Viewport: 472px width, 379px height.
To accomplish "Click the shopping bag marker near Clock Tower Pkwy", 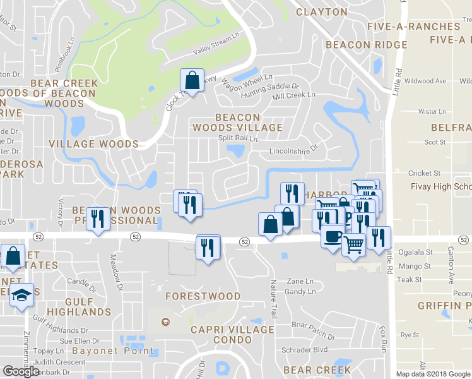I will pyautogui.click(x=192, y=81).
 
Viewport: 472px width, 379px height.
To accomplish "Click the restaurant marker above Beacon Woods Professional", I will pyautogui.click(x=97, y=219).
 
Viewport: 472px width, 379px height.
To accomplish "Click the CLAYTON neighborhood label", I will pyautogui.click(x=322, y=12).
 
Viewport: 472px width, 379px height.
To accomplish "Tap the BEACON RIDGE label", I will pyautogui.click(x=367, y=45).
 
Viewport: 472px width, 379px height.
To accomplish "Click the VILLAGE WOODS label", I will pyautogui.click(x=93, y=144).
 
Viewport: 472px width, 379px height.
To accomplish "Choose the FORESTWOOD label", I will pyautogui.click(x=203, y=296).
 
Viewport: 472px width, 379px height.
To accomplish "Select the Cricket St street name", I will pyautogui.click(x=424, y=173).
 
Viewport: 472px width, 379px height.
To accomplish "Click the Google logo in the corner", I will pyautogui.click(x=21, y=371).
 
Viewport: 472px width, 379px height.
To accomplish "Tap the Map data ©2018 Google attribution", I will pyautogui.click(x=433, y=374).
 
